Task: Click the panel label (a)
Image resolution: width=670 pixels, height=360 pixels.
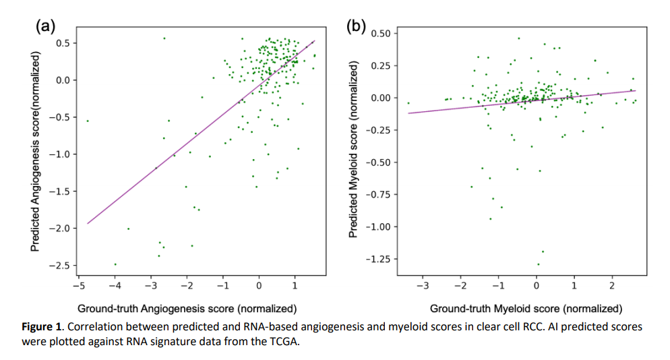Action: point(46,26)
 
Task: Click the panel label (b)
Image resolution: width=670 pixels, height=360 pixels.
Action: point(355,26)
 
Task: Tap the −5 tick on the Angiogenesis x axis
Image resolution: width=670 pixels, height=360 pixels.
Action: point(79,287)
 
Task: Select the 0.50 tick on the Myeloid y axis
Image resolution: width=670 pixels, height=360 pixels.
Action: point(369,34)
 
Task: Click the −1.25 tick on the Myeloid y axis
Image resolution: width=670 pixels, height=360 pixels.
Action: point(367,259)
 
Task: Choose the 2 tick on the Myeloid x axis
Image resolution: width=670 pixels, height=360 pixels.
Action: point(612,287)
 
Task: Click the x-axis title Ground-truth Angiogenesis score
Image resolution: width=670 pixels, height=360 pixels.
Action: point(187,309)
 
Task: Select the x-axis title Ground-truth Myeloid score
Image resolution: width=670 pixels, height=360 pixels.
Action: point(526,309)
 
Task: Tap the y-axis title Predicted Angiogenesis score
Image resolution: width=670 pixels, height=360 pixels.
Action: point(37,151)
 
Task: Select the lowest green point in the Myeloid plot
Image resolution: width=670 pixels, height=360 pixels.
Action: point(538,264)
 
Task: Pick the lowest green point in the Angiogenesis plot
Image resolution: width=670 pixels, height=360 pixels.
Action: point(115,264)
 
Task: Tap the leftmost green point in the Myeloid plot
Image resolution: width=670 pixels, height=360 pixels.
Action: point(408,103)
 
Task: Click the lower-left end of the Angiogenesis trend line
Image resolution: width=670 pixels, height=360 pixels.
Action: point(88,223)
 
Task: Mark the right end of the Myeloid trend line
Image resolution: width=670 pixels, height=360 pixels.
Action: point(636,90)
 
